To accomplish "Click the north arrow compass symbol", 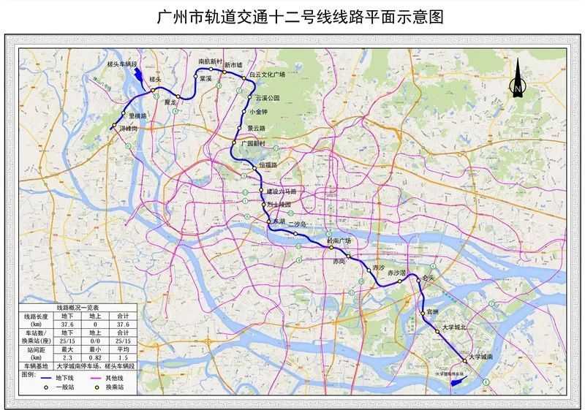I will [x=517, y=80].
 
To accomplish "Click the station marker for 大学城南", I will [x=464, y=360].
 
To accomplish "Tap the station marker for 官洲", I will [x=423, y=314].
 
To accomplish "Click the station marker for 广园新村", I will [x=233, y=143].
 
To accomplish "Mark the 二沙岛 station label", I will [x=299, y=224].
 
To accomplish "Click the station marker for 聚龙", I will [x=178, y=96].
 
